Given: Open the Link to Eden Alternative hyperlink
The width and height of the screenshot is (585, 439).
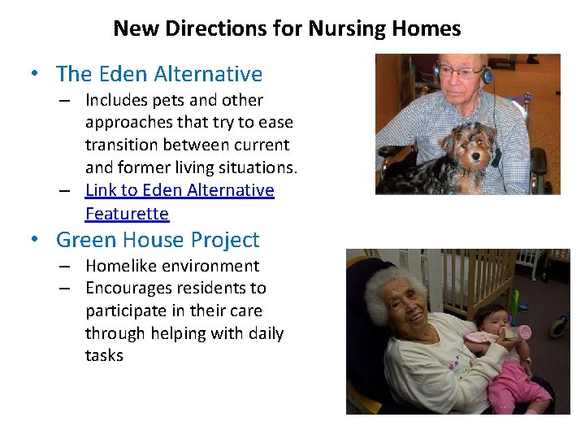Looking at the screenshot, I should pyautogui.click(x=180, y=190).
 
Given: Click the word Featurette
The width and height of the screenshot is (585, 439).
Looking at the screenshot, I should pyautogui.click(x=127, y=214).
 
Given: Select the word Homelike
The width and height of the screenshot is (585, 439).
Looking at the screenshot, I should pyautogui.click(x=122, y=266).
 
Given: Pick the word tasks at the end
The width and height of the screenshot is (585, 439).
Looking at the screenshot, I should pyautogui.click(x=104, y=355).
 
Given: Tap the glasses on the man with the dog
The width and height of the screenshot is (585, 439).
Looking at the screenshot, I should pyautogui.click(x=458, y=72).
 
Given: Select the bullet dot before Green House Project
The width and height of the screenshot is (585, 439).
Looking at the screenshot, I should pyautogui.click(x=35, y=241).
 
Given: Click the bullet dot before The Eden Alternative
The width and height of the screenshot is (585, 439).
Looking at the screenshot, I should pyautogui.click(x=35, y=75).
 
